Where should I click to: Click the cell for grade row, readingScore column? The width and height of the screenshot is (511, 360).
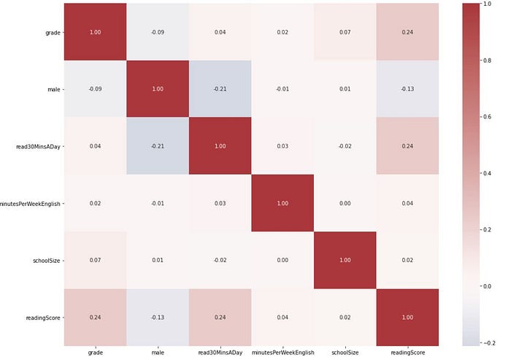coord(407,31)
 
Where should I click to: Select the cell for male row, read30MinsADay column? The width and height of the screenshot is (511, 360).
coord(220,88)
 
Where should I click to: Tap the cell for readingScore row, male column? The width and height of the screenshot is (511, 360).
coord(158,318)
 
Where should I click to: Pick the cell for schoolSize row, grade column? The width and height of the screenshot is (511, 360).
coord(95,260)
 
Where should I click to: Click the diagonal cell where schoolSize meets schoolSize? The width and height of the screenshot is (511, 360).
coord(345,260)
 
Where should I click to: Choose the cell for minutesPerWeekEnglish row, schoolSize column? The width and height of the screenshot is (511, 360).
coord(345,203)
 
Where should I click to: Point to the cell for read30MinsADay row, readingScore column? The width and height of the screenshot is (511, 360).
coord(407,146)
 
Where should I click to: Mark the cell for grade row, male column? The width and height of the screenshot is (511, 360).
coord(158,31)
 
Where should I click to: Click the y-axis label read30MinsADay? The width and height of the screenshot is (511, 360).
coord(38,147)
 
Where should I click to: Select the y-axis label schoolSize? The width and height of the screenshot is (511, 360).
coord(47,261)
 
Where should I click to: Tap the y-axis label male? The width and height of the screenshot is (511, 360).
coord(54,89)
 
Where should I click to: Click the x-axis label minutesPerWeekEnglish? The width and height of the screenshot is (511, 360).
coord(283,353)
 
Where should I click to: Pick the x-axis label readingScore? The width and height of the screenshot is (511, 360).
coord(407,353)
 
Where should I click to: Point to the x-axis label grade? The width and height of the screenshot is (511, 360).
coord(95,353)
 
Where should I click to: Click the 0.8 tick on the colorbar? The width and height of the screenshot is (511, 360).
coord(488,61)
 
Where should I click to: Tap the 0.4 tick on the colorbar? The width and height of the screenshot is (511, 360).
coord(488,173)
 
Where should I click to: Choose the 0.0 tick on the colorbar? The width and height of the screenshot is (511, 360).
coord(488,286)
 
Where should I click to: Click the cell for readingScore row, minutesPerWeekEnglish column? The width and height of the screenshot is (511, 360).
coord(283,318)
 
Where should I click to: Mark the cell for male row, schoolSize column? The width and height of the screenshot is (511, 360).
coord(345,88)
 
